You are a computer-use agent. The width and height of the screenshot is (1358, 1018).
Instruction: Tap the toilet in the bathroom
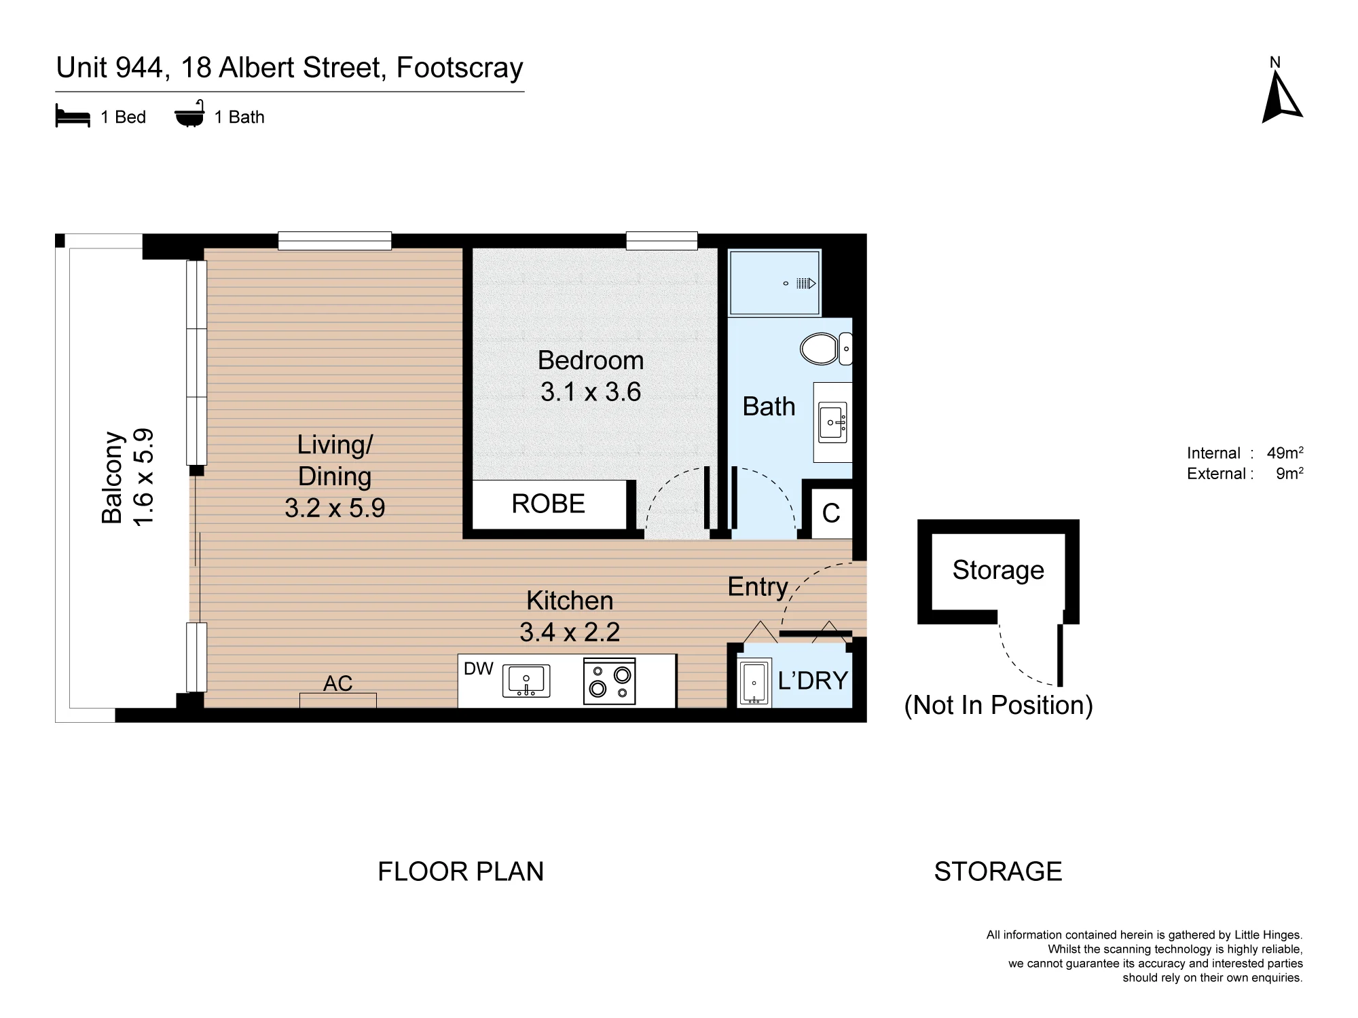point(826,349)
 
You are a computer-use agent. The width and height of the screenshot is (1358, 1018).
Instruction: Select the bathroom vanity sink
point(832,422)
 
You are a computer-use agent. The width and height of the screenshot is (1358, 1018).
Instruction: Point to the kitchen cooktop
point(609,681)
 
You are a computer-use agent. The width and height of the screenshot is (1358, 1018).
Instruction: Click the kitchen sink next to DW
point(526,681)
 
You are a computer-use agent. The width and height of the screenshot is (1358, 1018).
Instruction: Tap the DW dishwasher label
point(478,668)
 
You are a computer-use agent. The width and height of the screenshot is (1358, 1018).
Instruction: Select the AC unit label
point(337,683)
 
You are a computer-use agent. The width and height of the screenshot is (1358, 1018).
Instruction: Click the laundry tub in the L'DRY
point(754,682)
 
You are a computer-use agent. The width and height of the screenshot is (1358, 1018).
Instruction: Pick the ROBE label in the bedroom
point(548,504)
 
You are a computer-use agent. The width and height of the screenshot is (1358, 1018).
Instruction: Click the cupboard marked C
point(831,513)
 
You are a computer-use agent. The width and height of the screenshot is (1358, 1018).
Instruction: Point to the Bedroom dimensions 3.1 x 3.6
point(591,392)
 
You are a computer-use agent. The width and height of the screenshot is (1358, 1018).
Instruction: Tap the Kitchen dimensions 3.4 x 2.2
point(570,632)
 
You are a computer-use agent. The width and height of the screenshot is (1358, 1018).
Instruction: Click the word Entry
point(758,586)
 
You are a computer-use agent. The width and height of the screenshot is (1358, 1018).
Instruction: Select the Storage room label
point(998,570)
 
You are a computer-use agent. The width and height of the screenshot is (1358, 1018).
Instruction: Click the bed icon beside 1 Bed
point(73,116)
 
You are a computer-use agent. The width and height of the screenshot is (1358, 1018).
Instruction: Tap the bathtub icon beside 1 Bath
point(189,115)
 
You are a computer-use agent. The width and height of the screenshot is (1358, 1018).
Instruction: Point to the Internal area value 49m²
point(1285,453)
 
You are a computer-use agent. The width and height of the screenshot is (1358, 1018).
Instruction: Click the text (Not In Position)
point(998,705)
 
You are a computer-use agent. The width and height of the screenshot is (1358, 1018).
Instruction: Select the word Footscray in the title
point(460,68)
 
